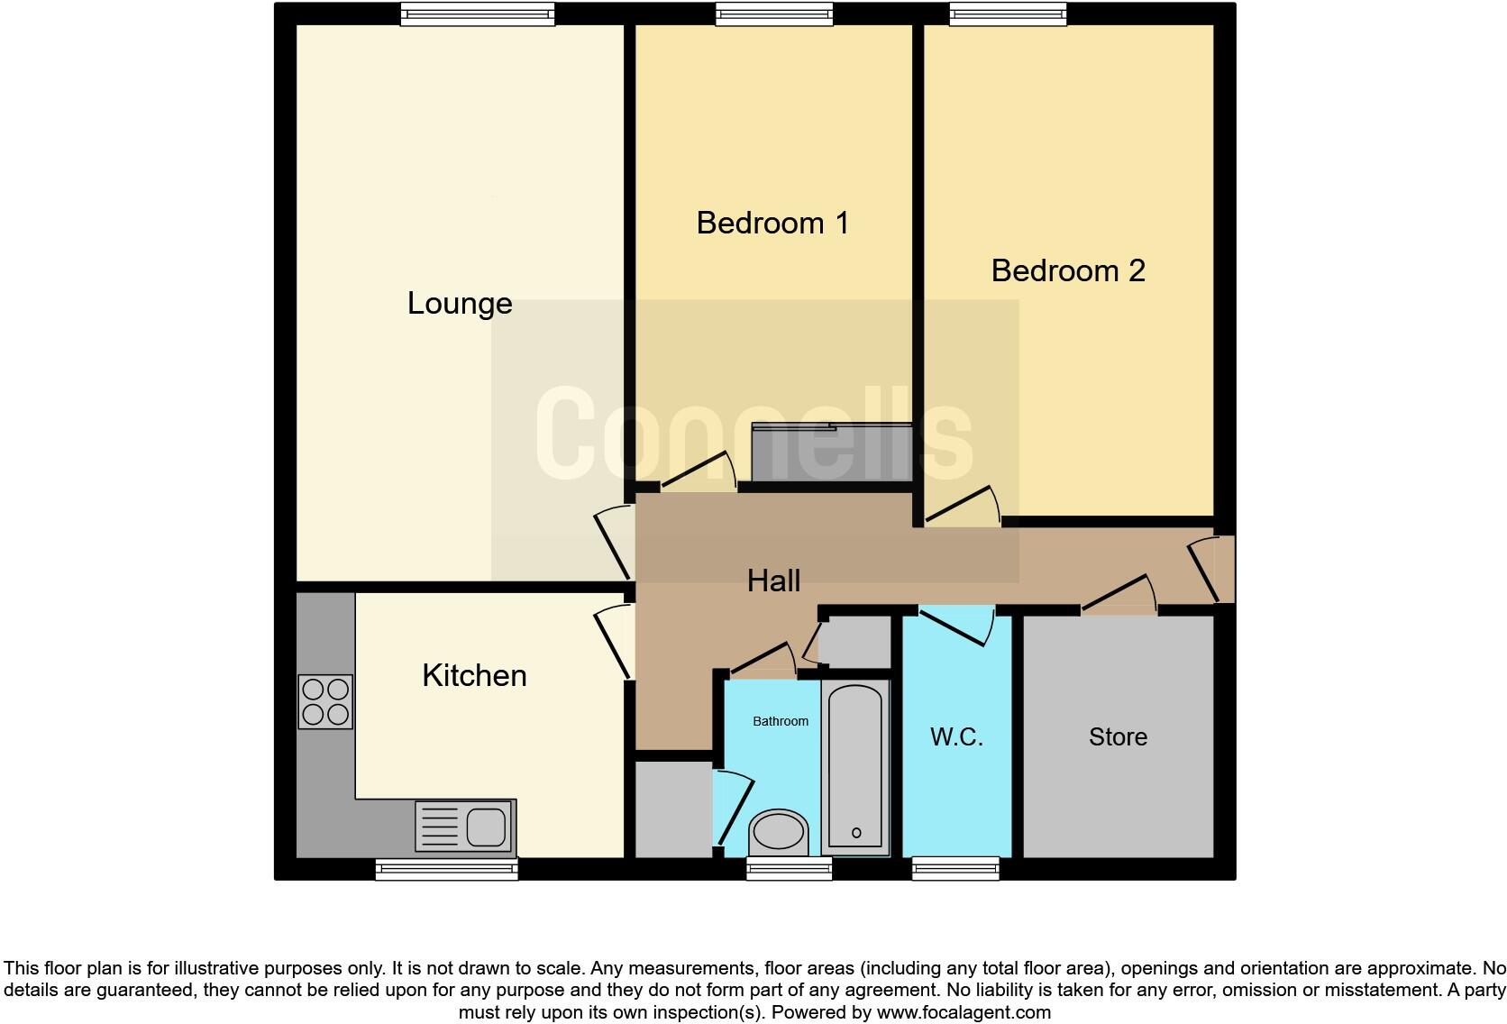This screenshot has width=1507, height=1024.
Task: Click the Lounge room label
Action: pyautogui.click(x=460, y=304)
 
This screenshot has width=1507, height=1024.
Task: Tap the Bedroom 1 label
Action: pyautogui.click(x=772, y=223)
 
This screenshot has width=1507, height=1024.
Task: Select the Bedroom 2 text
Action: pyautogui.click(x=1068, y=270)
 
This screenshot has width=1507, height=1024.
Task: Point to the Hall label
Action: pyautogui.click(x=773, y=581)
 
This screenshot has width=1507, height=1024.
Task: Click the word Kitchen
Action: pyautogui.click(x=474, y=675)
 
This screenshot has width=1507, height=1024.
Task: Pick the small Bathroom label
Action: pyautogui.click(x=781, y=721)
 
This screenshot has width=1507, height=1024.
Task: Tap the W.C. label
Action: pyautogui.click(x=956, y=737)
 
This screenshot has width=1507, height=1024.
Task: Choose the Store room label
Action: pyautogui.click(x=1118, y=737)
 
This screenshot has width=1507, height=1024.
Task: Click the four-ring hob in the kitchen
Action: pyautogui.click(x=325, y=702)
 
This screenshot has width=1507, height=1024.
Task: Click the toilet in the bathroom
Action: pyautogui.click(x=779, y=832)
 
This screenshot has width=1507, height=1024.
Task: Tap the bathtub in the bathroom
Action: pyautogui.click(x=854, y=767)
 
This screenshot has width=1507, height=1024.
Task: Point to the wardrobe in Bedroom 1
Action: pyautogui.click(x=832, y=453)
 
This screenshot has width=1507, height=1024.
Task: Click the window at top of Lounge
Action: pyautogui.click(x=478, y=13)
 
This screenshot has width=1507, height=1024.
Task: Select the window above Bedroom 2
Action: pyautogui.click(x=1008, y=13)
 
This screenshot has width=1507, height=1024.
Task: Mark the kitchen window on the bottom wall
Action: pyautogui.click(x=447, y=869)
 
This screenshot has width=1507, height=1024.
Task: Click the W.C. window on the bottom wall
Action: pyautogui.click(x=955, y=869)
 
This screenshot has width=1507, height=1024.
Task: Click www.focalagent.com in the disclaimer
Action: pyautogui.click(x=964, y=1012)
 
